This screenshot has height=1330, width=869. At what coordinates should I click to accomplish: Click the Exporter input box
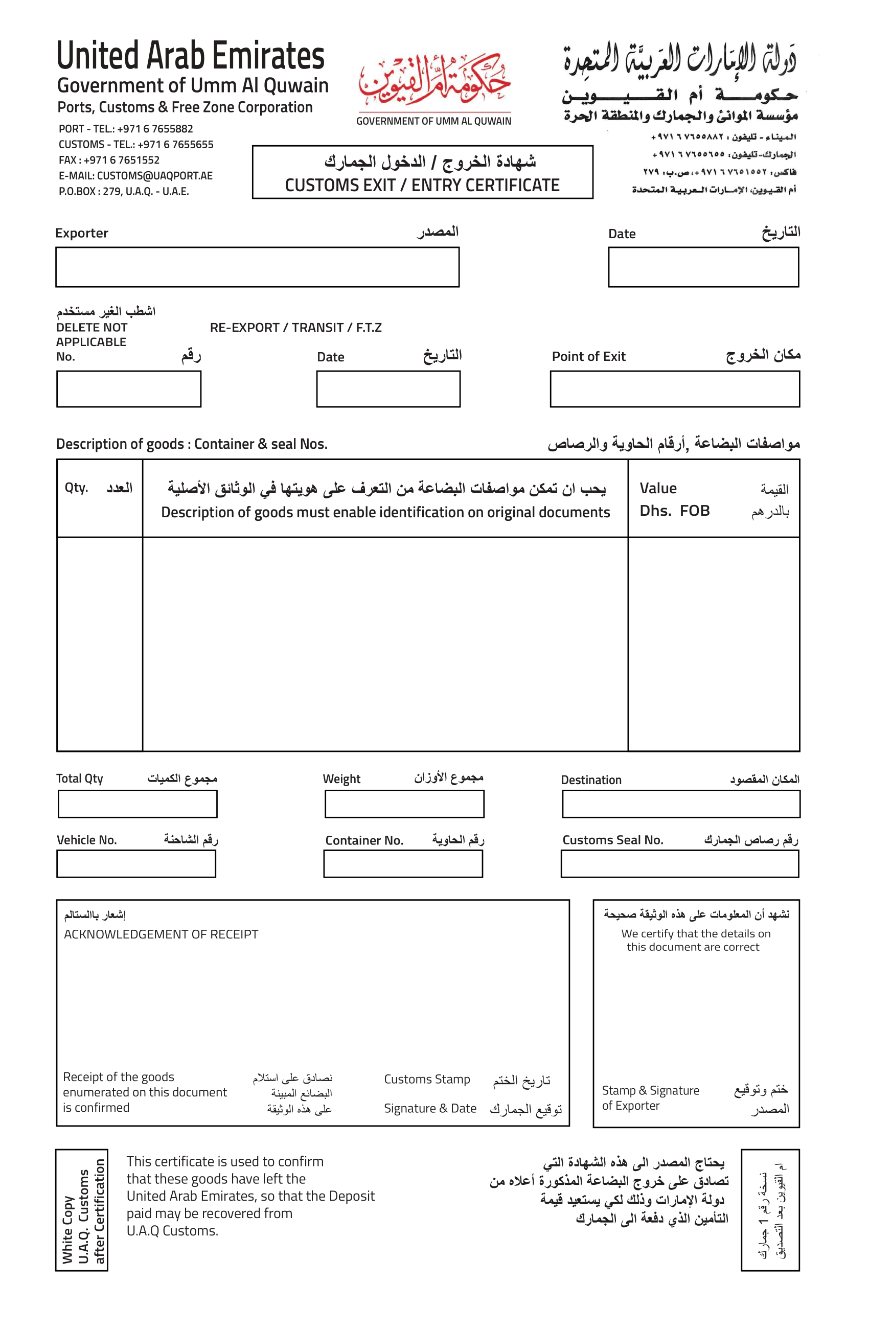257,267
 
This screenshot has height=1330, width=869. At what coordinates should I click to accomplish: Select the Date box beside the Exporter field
702,267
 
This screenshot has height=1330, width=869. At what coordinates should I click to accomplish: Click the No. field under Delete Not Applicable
128,389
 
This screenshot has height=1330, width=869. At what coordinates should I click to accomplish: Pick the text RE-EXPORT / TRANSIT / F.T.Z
295,328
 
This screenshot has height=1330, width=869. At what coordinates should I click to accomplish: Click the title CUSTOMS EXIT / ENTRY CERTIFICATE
422,185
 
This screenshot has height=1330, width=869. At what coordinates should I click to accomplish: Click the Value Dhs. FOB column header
713,499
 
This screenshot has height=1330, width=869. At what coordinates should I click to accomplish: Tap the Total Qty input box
137,804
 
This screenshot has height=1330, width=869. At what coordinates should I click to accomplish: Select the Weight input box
404,804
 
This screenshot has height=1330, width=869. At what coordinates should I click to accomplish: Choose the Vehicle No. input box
136,864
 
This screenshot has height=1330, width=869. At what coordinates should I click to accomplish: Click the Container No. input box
402,864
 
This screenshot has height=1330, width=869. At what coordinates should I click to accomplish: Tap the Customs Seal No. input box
679,864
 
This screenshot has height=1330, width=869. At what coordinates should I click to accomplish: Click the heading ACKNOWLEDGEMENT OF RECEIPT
161,934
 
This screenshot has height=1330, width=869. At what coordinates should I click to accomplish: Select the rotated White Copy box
82,1210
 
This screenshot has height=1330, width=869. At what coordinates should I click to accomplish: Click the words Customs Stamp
426,1079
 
